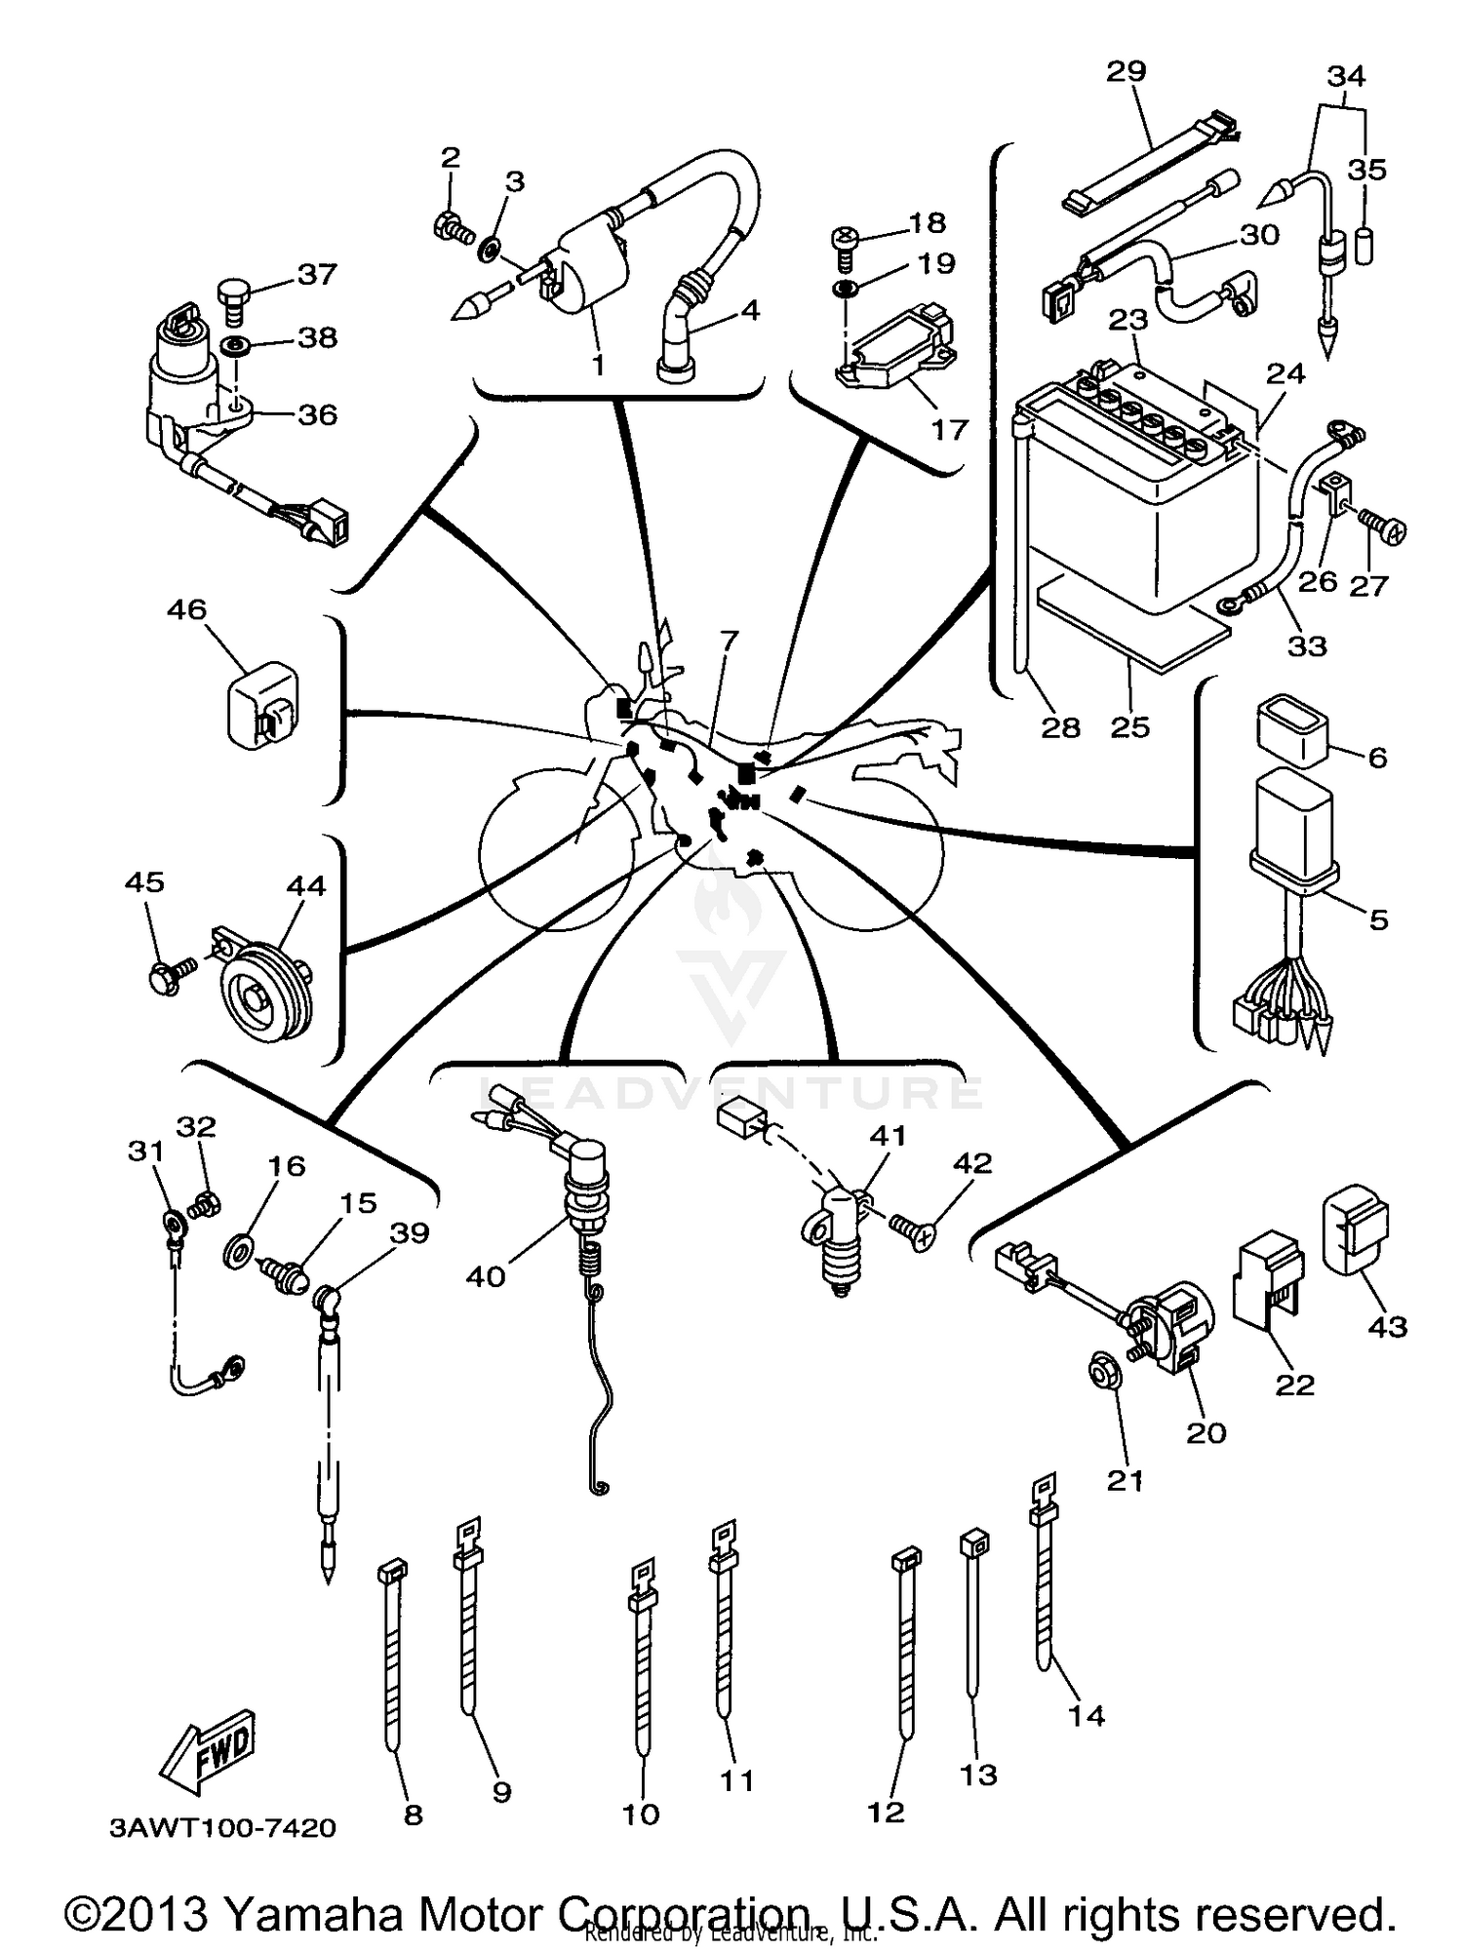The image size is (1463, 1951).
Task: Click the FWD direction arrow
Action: pos(209,1750)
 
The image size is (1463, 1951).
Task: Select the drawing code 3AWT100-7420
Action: pos(222,1827)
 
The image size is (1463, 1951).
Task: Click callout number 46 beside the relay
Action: pos(186,609)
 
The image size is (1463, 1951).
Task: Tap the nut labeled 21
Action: pos(1103,1373)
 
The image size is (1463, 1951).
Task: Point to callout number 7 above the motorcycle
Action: pos(729,640)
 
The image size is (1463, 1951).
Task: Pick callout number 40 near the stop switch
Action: pos(485,1276)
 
